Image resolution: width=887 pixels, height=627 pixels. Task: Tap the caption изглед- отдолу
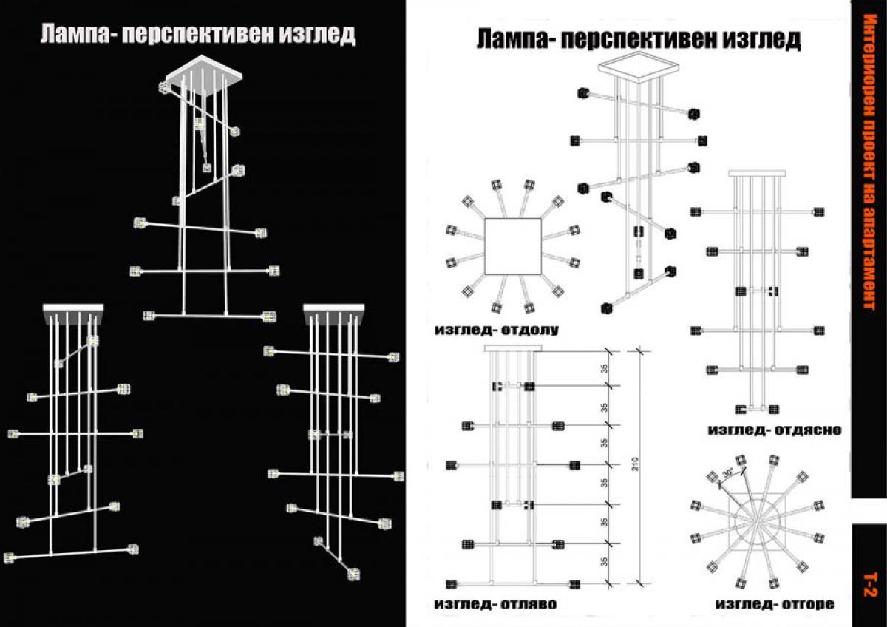496,330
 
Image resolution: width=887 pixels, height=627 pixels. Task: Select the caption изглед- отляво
496,604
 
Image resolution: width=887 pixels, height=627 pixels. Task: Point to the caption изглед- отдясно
774,430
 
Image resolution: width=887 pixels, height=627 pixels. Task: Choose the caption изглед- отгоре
774,604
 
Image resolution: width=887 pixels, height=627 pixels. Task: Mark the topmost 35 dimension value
604,367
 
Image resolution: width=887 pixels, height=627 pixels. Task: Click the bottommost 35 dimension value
604,565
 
